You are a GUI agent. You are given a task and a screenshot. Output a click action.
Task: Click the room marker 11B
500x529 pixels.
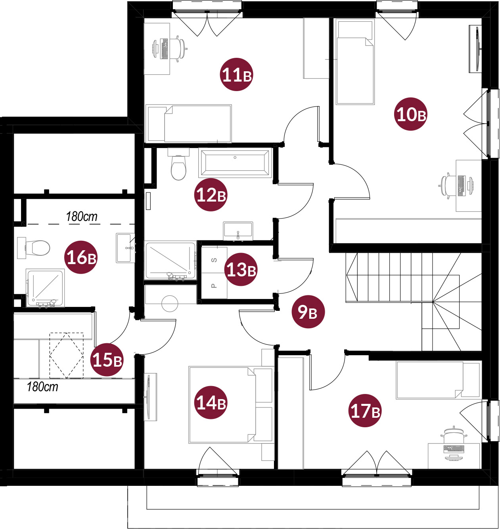point(236,74)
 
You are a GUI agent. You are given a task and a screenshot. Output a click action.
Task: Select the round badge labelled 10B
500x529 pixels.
point(410,114)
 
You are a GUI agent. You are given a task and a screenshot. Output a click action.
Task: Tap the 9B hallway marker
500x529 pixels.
point(308,312)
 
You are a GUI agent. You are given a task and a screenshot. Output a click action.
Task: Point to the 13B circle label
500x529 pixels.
point(241,269)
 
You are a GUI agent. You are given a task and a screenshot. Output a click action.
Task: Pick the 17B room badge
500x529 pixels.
point(365,411)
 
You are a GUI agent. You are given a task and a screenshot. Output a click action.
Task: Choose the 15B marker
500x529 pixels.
point(107,360)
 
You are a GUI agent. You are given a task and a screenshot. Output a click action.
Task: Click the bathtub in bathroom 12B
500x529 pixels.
point(235,162)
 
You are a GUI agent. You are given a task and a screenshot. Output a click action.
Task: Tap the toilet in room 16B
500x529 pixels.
point(34,248)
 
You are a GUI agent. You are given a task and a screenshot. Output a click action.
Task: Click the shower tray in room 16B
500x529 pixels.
point(45,288)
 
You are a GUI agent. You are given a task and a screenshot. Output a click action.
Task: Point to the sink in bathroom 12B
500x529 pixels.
point(238,230)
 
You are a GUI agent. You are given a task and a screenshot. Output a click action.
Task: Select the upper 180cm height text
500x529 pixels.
point(82,217)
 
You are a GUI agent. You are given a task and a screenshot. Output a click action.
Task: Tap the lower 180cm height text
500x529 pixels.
point(42,386)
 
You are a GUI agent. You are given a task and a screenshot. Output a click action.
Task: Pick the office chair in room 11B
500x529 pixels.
point(177,48)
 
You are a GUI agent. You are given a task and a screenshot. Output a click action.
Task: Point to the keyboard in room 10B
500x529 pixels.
point(461,186)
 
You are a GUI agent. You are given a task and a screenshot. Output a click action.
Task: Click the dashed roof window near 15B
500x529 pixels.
point(67,355)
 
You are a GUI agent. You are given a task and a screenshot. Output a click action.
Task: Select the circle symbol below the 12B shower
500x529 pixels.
point(170,303)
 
